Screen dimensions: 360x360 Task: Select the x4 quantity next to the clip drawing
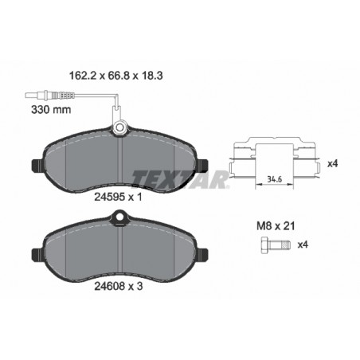point(332,164)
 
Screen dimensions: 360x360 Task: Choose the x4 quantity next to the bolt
point(303,245)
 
